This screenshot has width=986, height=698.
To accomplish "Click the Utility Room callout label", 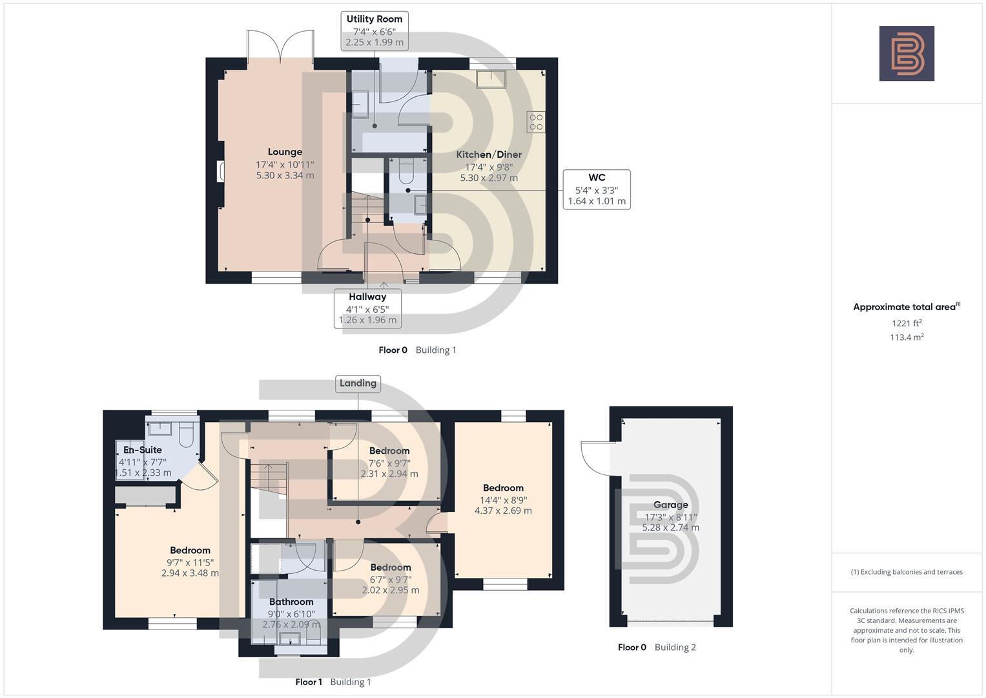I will point(374,30).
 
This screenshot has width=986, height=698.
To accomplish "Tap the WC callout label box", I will point(596,189).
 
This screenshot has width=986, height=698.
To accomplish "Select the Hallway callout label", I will point(367,308).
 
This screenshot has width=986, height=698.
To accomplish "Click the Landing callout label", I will point(358,383).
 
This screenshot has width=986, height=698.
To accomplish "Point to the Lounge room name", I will point(285,153).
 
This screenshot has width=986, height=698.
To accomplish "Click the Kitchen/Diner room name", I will point(488,155).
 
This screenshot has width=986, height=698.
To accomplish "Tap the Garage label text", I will point(670,505).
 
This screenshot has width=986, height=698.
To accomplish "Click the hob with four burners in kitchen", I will point(536,122).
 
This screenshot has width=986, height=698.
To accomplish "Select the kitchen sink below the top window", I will point(491,79).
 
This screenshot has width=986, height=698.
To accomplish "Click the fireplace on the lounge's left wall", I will point(221,171).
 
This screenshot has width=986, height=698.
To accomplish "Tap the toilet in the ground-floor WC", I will point(406,171).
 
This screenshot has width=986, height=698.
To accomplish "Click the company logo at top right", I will point(906,53).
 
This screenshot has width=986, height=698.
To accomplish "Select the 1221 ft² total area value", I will point(906,323).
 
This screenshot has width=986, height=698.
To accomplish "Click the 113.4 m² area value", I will point(906,337).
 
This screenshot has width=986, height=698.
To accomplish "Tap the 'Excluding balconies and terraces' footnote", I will point(906,572).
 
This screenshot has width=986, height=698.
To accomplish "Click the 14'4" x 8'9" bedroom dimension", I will point(503,500).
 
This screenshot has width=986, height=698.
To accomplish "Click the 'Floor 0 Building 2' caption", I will point(657,647).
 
